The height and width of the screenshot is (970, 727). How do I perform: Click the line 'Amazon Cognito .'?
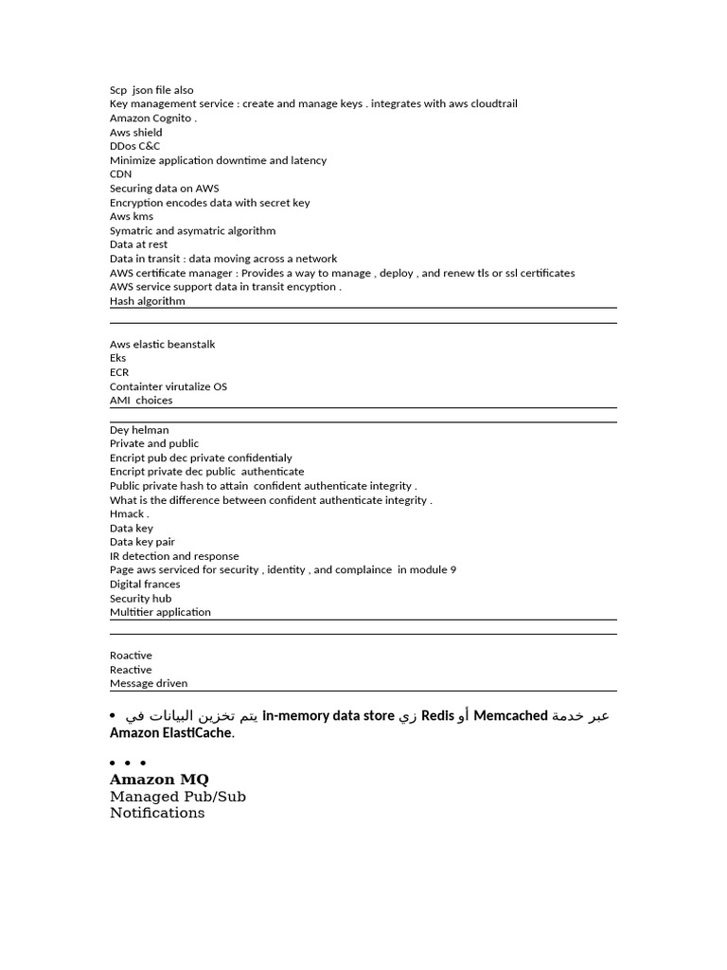coord(153,118)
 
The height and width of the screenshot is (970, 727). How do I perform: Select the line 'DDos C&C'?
coord(134,146)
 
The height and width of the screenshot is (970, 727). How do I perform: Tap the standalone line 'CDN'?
coord(120,174)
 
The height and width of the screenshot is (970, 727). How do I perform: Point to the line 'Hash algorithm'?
coord(148,301)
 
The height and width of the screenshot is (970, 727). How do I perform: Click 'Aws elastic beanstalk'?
coord(162,345)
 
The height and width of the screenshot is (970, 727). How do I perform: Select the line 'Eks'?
coord(117,358)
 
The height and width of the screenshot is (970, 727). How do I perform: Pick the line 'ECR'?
coord(119,372)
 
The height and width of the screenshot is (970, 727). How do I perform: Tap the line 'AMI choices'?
coord(141,401)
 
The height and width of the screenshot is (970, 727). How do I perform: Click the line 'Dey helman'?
coord(139,430)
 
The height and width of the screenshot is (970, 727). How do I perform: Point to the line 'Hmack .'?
coord(130,514)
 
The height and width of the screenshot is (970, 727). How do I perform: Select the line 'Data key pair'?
coord(142,542)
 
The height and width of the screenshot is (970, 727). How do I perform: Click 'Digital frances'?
coord(145,584)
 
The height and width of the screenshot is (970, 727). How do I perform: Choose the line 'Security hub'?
coord(140,599)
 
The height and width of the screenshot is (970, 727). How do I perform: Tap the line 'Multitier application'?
coord(160,612)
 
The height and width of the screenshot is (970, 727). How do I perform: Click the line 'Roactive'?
coord(131,656)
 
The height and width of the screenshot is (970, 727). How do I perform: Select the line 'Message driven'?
coord(149,683)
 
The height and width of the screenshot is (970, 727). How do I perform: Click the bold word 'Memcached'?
coord(510,716)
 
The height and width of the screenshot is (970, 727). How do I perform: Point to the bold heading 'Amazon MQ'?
coord(159,780)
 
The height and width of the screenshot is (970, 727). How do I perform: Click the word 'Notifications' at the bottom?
coord(157,813)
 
